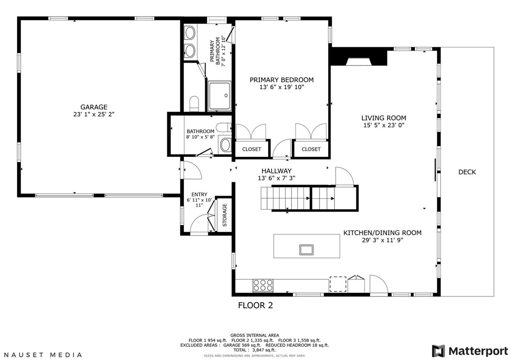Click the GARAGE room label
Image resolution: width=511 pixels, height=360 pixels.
[x=94, y=107]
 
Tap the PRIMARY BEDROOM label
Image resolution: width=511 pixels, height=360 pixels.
[x=282, y=80]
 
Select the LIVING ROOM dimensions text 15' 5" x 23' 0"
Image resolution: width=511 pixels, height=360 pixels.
[x=384, y=125]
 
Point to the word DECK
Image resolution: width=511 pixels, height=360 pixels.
[x=467, y=172]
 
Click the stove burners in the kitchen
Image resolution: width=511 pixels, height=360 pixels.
[x=263, y=285]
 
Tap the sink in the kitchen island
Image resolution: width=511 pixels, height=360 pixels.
[x=306, y=250]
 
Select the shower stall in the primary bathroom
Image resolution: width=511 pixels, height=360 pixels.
[x=220, y=96]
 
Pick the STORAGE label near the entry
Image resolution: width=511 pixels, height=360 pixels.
[x=225, y=215]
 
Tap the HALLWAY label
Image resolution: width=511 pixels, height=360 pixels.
[x=276, y=171]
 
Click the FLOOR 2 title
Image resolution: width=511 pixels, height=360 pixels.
[x=255, y=306]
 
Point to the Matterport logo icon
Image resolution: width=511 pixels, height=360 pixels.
[x=438, y=351]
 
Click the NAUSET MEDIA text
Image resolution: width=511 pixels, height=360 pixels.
[x=43, y=355]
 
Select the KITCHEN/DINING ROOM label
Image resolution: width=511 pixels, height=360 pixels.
[x=382, y=233]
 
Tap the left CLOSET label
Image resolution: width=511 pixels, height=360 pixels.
[x=251, y=149]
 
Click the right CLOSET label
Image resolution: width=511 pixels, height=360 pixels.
[x=311, y=149]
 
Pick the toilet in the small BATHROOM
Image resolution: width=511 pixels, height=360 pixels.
[x=224, y=127]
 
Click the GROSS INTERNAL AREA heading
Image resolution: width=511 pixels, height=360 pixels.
[x=254, y=335]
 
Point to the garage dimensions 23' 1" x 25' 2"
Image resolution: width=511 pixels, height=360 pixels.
[x=94, y=114]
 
